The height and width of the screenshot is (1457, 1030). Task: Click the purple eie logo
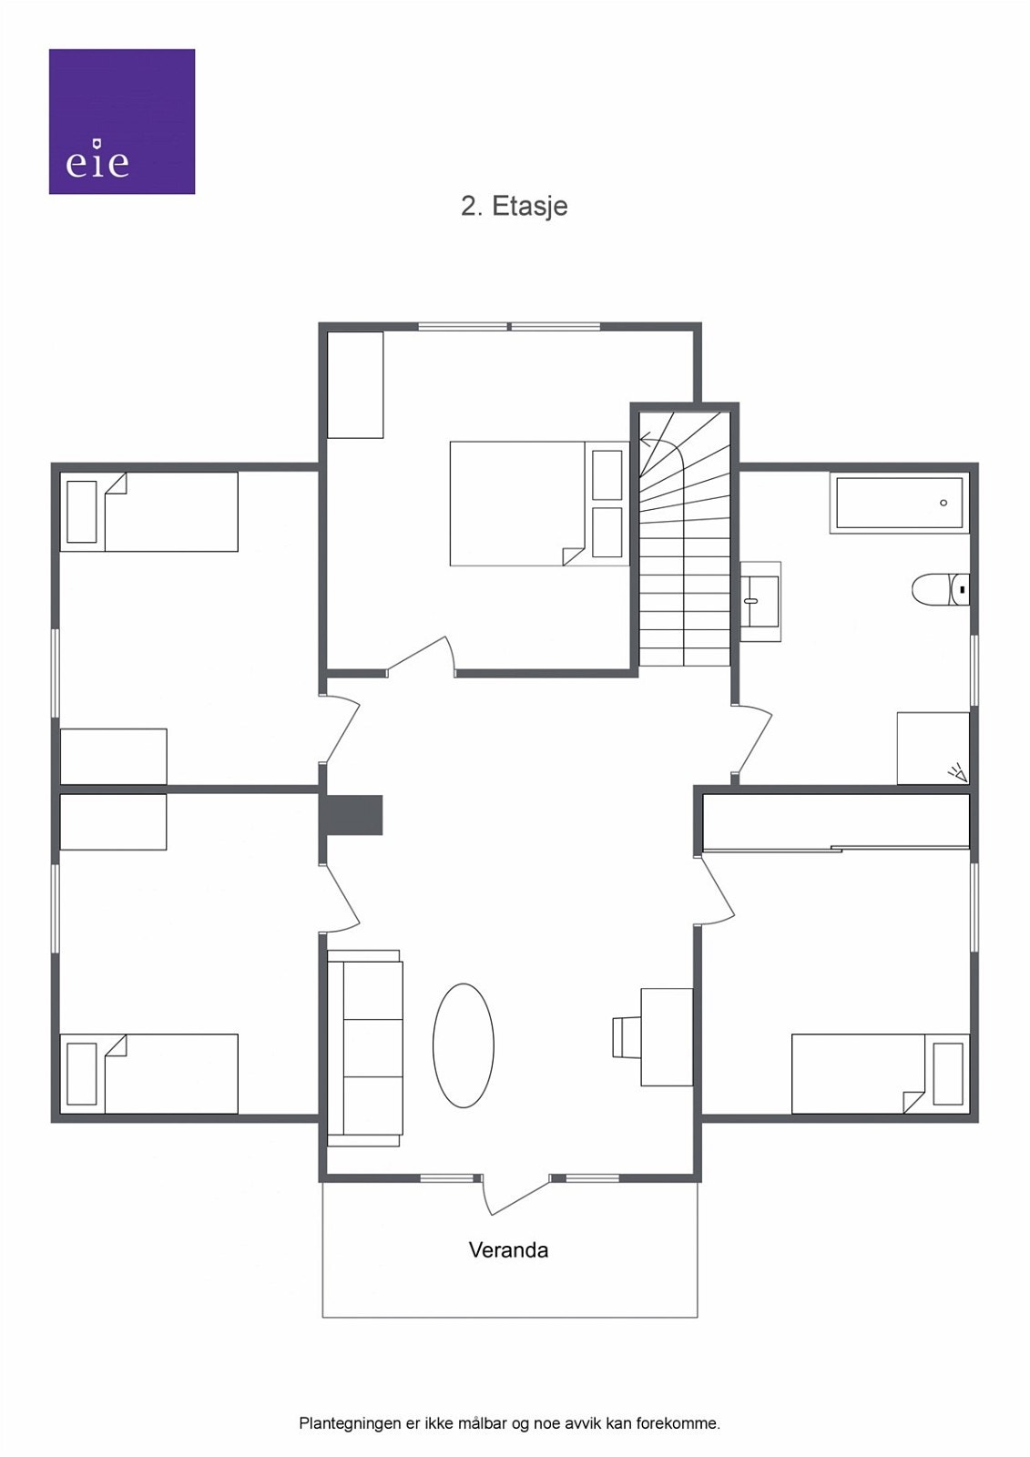click(121, 121)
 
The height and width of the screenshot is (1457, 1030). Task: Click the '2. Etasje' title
click(514, 206)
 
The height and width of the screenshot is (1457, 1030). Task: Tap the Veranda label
click(508, 1249)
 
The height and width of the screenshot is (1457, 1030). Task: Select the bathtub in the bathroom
click(898, 503)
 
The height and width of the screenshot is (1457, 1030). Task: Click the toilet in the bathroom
click(938, 589)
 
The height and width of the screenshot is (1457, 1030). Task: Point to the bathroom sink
click(760, 601)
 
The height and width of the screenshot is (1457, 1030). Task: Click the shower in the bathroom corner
click(933, 748)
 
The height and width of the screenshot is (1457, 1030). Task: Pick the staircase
click(684, 546)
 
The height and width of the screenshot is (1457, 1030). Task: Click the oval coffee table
click(463, 1044)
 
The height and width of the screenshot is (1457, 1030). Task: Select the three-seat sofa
click(365, 1047)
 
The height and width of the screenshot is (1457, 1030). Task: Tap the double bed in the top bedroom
click(528, 504)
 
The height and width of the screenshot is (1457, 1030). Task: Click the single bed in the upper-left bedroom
click(149, 512)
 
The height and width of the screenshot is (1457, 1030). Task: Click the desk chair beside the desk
click(626, 1037)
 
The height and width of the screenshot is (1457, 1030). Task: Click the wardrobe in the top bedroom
click(355, 384)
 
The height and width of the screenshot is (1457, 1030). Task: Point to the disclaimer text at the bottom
click(509, 1422)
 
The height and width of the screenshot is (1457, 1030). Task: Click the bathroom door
click(755, 742)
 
